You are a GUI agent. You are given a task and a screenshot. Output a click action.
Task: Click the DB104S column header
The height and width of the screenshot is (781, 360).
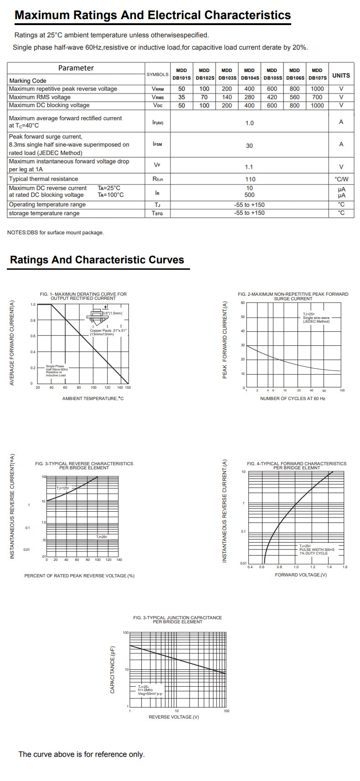(x=249, y=74)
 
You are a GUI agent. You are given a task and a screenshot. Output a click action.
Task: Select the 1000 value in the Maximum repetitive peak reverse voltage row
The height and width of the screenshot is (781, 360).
(x=317, y=89)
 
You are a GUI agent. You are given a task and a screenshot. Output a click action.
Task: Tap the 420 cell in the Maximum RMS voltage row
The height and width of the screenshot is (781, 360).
(x=272, y=97)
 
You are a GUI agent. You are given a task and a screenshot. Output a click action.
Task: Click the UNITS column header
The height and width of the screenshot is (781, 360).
(x=341, y=75)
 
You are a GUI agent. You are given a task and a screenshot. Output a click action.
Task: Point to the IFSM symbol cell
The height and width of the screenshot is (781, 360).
(x=157, y=144)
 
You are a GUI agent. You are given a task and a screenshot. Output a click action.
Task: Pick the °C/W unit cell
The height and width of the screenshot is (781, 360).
(x=341, y=179)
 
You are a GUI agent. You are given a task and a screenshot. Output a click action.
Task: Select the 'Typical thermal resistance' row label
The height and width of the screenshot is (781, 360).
(x=43, y=179)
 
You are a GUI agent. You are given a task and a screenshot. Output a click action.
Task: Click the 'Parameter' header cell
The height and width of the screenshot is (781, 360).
(x=76, y=68)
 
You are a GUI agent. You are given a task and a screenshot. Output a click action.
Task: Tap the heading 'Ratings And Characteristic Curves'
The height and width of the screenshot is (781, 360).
(x=97, y=260)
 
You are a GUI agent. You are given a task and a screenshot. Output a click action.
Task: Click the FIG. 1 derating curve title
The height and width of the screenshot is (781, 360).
(x=83, y=296)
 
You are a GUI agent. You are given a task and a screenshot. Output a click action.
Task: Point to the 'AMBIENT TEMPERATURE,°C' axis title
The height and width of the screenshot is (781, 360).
(x=93, y=399)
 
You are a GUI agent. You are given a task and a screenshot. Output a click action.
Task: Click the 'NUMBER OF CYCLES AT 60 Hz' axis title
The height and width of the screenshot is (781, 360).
(x=293, y=399)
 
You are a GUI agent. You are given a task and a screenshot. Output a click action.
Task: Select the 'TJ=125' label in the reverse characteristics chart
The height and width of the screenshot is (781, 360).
(x=63, y=488)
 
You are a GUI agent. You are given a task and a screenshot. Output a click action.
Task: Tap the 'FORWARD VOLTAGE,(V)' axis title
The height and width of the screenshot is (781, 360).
(x=301, y=575)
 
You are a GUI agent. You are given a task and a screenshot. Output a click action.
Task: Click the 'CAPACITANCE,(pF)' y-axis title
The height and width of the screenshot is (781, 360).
(x=113, y=670)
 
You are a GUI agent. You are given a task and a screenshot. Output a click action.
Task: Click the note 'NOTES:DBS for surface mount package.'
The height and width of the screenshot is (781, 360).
(x=55, y=232)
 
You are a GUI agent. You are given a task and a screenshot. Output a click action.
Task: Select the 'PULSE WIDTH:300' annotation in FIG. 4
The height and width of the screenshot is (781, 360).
(x=317, y=550)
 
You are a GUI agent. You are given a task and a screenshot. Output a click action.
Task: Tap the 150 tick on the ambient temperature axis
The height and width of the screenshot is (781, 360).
(x=128, y=387)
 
